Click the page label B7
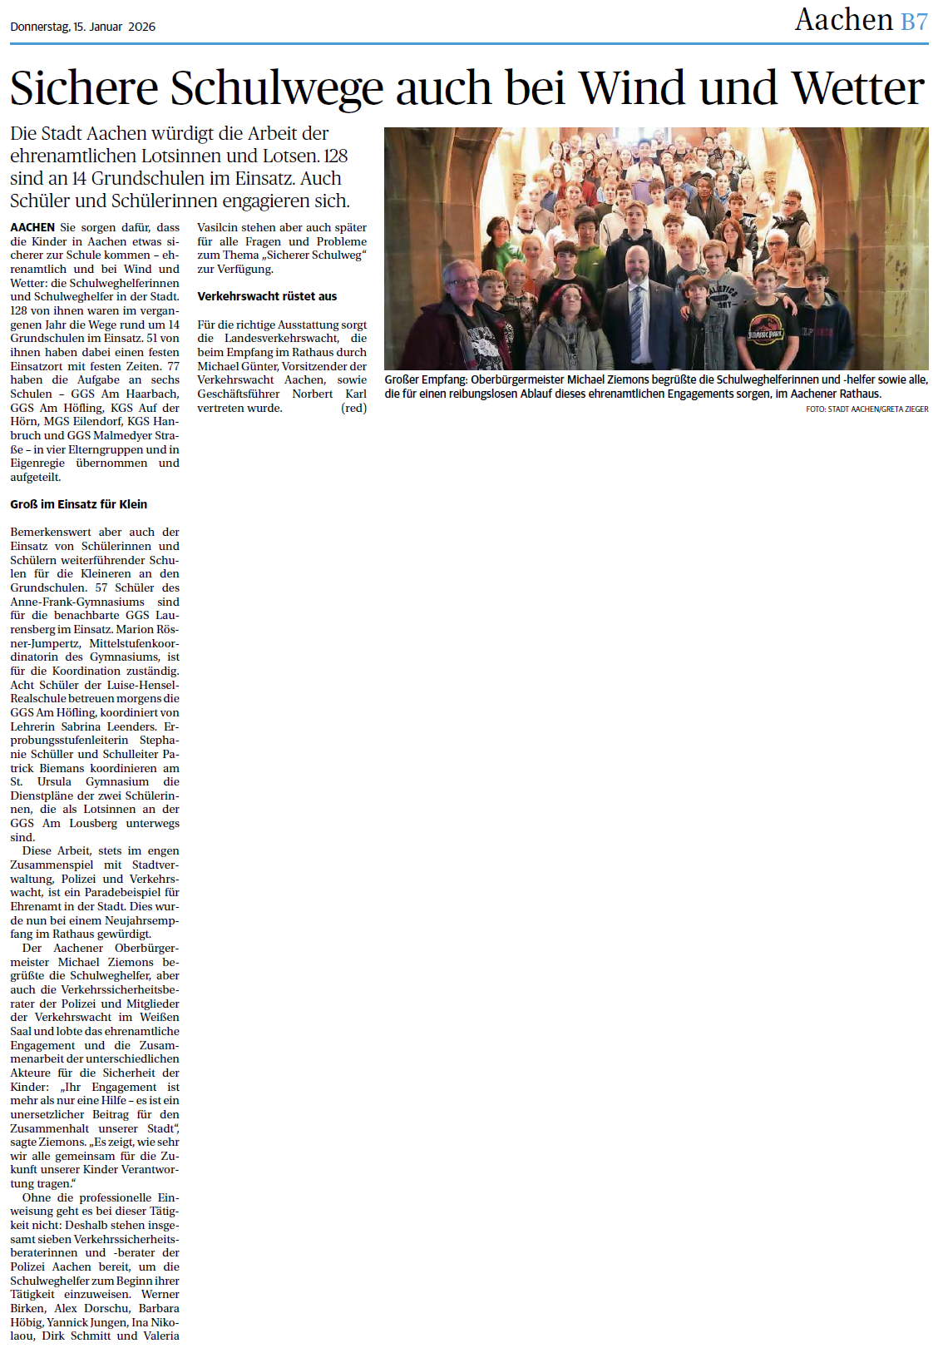pyautogui.click(x=914, y=22)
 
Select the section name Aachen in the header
pyautogui.click(x=843, y=20)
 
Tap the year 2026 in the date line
pyautogui.click(x=142, y=27)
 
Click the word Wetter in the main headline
pyautogui.click(x=857, y=88)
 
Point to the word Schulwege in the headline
pyautogui.click(x=279, y=88)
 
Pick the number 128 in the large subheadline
pyautogui.click(x=336, y=156)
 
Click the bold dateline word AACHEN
pyautogui.click(x=32, y=227)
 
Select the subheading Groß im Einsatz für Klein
pyautogui.click(x=79, y=504)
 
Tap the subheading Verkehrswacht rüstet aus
pyautogui.click(x=267, y=296)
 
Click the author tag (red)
pyautogui.click(x=353, y=408)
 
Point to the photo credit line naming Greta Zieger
pyautogui.click(x=867, y=409)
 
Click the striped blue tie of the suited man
pyautogui.click(x=637, y=321)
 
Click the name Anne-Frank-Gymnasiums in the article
pyautogui.click(x=77, y=602)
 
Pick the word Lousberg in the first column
pyautogui.click(x=93, y=823)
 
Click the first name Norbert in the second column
pyautogui.click(x=312, y=394)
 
